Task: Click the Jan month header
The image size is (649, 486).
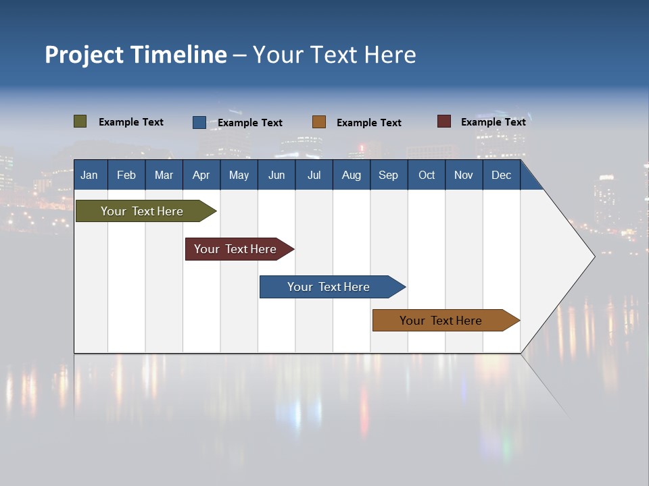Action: (89, 175)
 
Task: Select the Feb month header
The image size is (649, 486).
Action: (126, 175)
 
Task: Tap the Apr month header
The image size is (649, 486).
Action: (201, 175)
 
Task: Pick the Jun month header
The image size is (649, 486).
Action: (277, 175)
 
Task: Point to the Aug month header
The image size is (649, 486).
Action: (352, 175)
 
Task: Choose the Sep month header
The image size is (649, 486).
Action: (389, 175)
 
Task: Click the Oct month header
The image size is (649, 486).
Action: (427, 175)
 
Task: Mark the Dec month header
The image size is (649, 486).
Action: (502, 175)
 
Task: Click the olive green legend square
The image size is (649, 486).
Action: (80, 122)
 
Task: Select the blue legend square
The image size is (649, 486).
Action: (199, 122)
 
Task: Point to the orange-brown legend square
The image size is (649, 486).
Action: (318, 122)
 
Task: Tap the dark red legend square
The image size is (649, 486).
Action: (443, 122)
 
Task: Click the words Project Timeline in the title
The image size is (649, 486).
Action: (136, 55)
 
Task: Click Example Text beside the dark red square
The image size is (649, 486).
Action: (493, 122)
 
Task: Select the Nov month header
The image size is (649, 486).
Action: (464, 175)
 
